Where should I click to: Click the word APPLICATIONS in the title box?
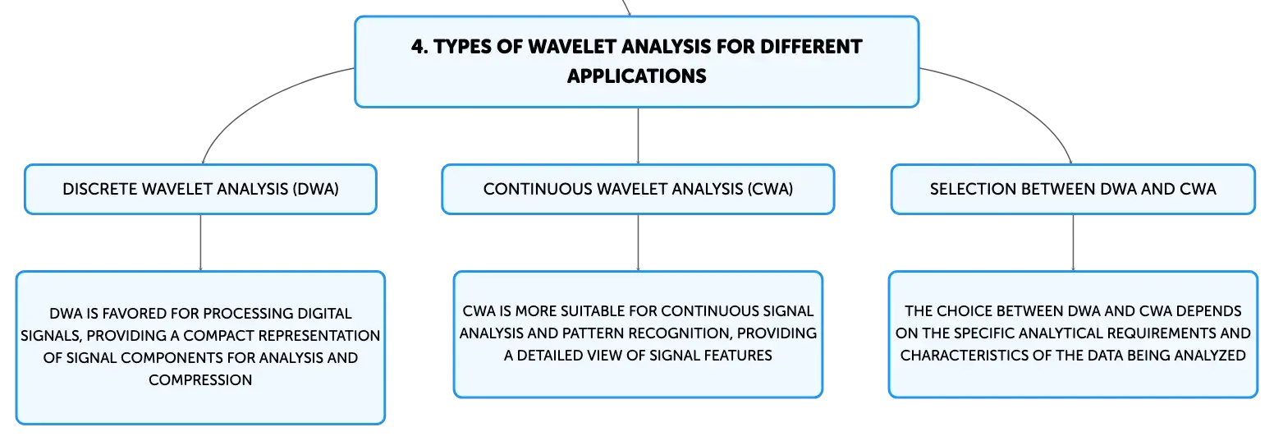tap(636, 76)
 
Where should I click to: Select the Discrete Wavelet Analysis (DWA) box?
tap(200, 190)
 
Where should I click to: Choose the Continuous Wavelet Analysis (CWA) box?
tap(638, 190)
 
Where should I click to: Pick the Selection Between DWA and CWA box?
tap(1073, 190)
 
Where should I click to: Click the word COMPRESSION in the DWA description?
tap(200, 380)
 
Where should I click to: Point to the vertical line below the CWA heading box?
tap(638, 243)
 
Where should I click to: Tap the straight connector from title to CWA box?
tap(638, 136)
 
